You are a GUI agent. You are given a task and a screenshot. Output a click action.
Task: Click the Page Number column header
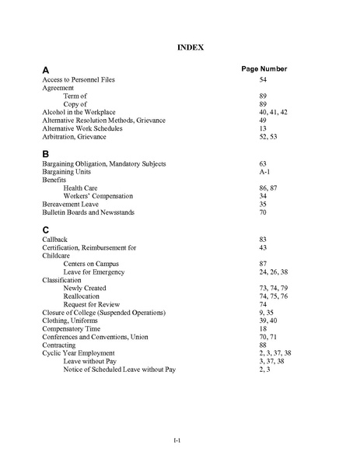264,68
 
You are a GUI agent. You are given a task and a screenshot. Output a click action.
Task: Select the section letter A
46,69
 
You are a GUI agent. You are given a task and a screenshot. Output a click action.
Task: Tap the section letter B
46,153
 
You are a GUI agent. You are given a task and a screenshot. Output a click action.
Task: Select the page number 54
263,80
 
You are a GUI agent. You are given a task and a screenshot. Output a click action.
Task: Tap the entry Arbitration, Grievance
74,136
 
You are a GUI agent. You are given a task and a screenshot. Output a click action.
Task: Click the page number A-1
264,172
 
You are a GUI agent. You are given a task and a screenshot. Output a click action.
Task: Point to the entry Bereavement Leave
70,204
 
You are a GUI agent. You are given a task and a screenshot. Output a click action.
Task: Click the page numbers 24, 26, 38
274,272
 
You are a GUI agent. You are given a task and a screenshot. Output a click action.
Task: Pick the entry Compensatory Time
72,328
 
